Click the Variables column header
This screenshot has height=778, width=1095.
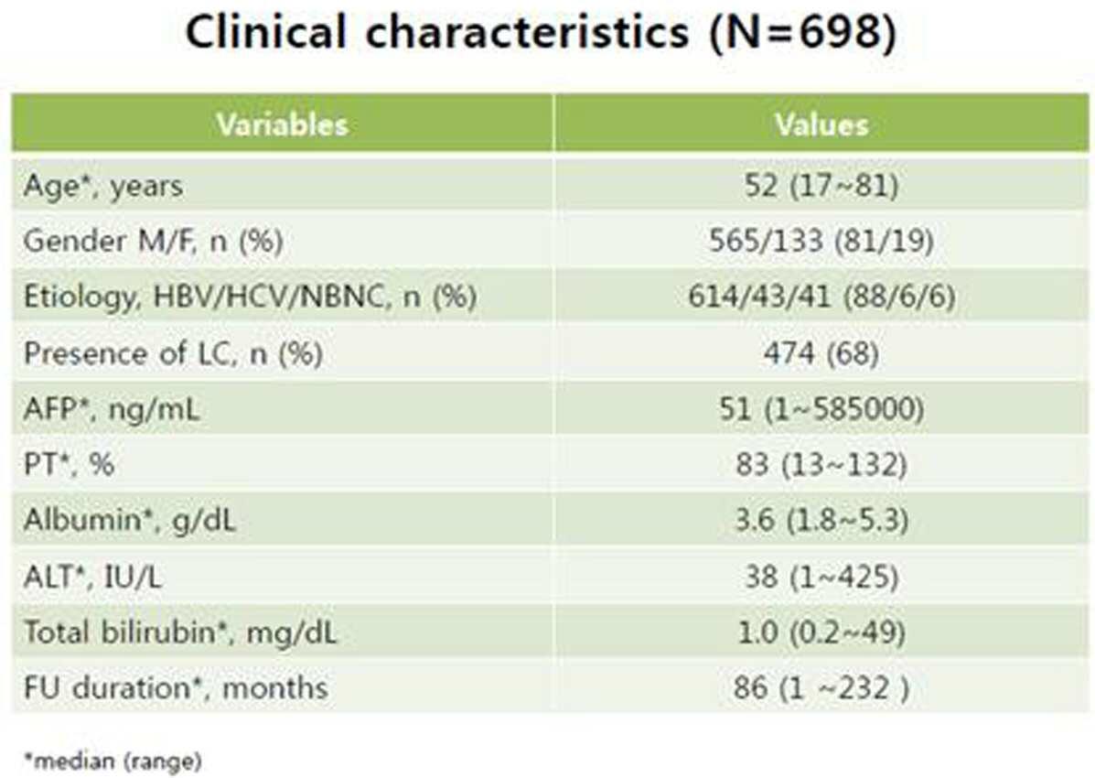[282, 125]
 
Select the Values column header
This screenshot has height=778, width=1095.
[822, 125]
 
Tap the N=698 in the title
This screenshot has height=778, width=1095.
[802, 32]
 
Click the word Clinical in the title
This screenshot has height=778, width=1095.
[266, 32]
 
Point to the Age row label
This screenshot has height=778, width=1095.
[103, 186]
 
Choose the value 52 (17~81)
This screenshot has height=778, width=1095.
[821, 186]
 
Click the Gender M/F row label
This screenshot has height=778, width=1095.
[153, 241]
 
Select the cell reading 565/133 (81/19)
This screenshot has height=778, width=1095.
[821, 241]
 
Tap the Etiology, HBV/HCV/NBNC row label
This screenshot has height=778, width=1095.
[250, 297]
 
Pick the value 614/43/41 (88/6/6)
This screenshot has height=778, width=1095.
[821, 297]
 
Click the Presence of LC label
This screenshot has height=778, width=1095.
[173, 353]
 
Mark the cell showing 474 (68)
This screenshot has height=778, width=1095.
[821, 353]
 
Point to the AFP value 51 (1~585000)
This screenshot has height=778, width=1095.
[821, 408]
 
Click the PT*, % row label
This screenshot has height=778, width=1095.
[70, 464]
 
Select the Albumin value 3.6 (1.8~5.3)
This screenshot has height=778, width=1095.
[821, 520]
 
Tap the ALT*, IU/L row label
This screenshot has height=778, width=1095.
[92, 577]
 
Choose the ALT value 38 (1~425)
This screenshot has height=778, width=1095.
[821, 577]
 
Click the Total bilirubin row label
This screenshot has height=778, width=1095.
[180, 632]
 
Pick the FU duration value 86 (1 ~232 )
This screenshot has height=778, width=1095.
[821, 687]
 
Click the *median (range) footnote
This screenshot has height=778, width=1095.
[113, 761]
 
